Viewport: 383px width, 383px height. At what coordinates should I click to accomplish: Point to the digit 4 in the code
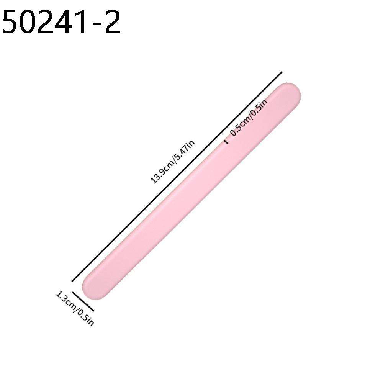pyautogui.click(x=64, y=22)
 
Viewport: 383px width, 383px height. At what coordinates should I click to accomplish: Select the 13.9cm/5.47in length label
pyautogui.click(x=174, y=162)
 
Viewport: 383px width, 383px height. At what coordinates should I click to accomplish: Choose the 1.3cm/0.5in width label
pyautogui.click(x=75, y=308)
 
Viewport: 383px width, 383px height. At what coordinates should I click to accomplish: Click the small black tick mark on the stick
pyautogui.click(x=226, y=142)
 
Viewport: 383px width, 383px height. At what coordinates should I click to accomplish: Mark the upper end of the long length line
pyautogui.click(x=282, y=72)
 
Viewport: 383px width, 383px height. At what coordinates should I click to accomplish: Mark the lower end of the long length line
pyautogui.click(x=72, y=281)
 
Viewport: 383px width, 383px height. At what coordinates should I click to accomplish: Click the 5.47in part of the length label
pyautogui.click(x=185, y=150)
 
